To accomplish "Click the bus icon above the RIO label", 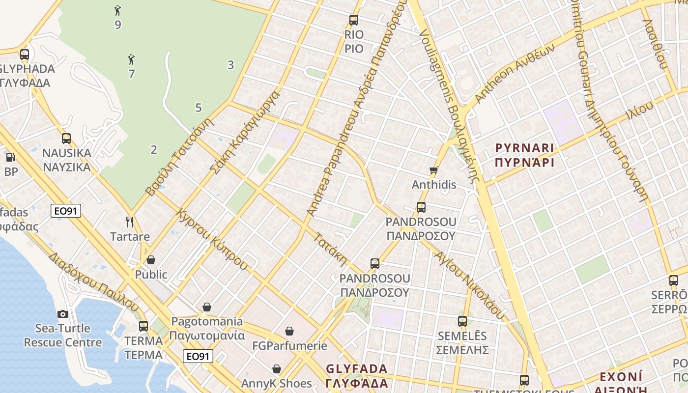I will [x=354, y=20].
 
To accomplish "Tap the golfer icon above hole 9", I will [x=117, y=10].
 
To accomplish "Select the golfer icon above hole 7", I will [x=131, y=60].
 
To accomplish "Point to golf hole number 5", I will [x=199, y=108].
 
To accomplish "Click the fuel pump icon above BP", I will [x=10, y=158].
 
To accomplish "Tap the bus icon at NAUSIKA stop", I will [x=66, y=139].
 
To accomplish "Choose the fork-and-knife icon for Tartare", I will [x=130, y=222].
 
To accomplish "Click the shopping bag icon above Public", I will [x=151, y=260].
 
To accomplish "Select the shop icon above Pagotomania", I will [x=207, y=307].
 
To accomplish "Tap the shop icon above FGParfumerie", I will [x=289, y=331].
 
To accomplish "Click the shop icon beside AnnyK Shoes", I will [x=277, y=369].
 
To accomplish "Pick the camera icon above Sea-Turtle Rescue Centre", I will [x=63, y=314].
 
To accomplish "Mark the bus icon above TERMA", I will [x=143, y=326].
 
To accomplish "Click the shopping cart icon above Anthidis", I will [x=433, y=170].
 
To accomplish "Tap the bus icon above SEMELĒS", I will [x=462, y=321].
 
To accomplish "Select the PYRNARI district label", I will [x=524, y=148].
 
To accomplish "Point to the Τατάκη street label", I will [x=331, y=249].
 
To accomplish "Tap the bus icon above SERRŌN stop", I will [x=674, y=281].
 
